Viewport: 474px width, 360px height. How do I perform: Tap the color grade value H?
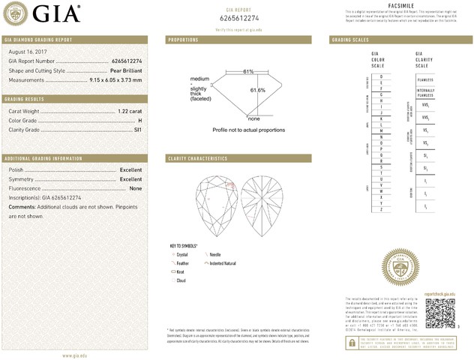tap(139, 120)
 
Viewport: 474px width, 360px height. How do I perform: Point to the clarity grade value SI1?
tap(137, 129)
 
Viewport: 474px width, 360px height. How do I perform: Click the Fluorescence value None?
tap(135, 188)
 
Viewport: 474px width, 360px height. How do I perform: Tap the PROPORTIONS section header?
tap(183, 39)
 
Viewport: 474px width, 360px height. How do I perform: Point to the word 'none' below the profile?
tap(253, 118)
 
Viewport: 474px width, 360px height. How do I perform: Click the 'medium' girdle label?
tap(199, 79)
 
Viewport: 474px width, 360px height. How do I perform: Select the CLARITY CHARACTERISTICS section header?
tap(197, 159)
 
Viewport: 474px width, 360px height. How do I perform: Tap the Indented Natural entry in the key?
tap(223, 263)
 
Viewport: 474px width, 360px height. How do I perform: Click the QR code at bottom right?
tap(439, 313)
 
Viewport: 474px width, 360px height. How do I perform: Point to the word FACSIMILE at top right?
tap(402, 4)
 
